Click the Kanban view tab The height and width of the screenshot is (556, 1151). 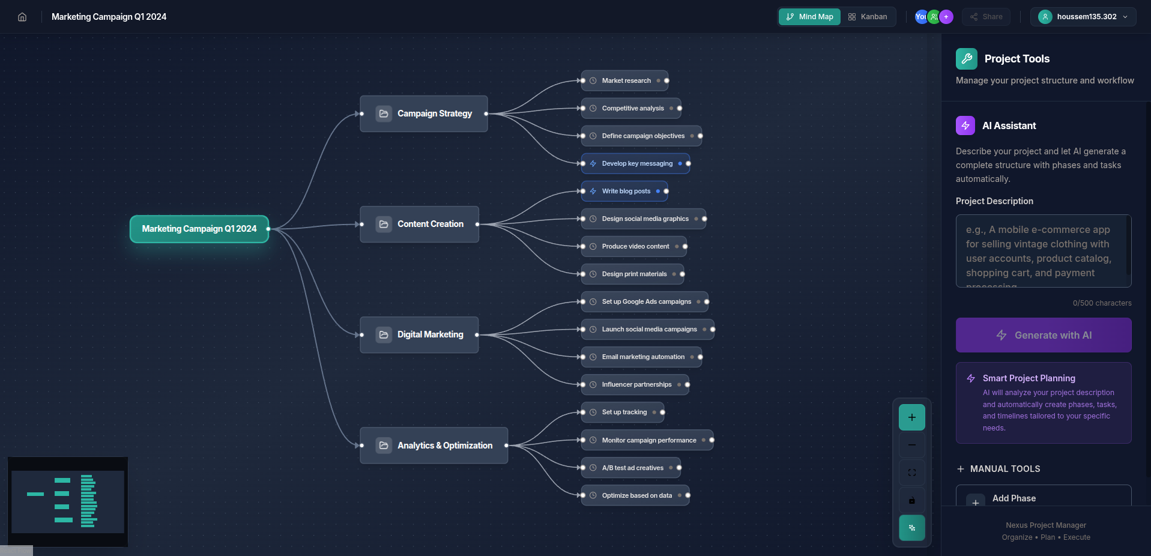pyautogui.click(x=867, y=17)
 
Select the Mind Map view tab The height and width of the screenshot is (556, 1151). pyautogui.click(x=809, y=17)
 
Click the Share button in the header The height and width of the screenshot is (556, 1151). pyautogui.click(x=986, y=17)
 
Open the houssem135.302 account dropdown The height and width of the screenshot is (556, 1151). pyautogui.click(x=1083, y=17)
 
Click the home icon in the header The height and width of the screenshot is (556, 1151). pyautogui.click(x=22, y=17)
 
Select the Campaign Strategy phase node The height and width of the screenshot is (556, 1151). pyautogui.click(x=424, y=113)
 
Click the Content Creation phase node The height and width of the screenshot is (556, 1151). pyautogui.click(x=420, y=224)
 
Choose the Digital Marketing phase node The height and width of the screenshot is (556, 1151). pyautogui.click(x=419, y=334)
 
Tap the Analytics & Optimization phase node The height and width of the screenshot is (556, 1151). pyautogui.click(x=434, y=446)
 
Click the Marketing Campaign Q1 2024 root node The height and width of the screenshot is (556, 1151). pyautogui.click(x=199, y=229)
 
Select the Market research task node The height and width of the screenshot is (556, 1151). pyautogui.click(x=625, y=80)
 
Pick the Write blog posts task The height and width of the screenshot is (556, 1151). pyautogui.click(x=624, y=191)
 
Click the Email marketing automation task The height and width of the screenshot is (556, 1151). pyautogui.click(x=642, y=357)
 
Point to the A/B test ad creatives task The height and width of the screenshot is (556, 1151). pyautogui.click(x=631, y=468)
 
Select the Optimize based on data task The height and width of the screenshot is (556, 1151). pyautogui.click(x=635, y=495)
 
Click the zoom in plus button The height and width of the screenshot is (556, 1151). pyautogui.click(x=912, y=417)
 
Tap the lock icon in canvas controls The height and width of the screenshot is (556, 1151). pyautogui.click(x=912, y=500)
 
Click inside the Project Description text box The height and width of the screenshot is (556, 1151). pyautogui.click(x=1044, y=251)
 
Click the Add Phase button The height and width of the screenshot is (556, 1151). pyautogui.click(x=1044, y=498)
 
